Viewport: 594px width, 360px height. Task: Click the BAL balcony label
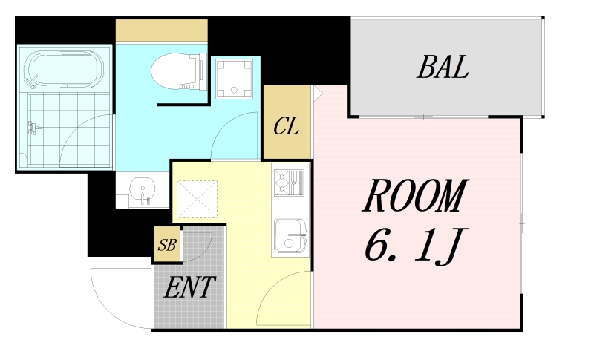[x=443, y=68]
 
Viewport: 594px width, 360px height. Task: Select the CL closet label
[x=286, y=126]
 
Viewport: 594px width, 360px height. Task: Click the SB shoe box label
[x=167, y=246]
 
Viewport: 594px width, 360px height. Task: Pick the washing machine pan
[x=235, y=78]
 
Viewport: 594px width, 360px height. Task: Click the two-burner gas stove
[x=290, y=182]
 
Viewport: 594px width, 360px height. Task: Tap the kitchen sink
[x=291, y=236]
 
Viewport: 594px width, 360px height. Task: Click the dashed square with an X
[x=197, y=199]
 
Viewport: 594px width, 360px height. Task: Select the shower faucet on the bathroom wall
[x=31, y=128]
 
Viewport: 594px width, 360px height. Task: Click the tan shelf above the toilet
[x=161, y=31]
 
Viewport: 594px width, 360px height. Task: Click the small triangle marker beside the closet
[x=317, y=94]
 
